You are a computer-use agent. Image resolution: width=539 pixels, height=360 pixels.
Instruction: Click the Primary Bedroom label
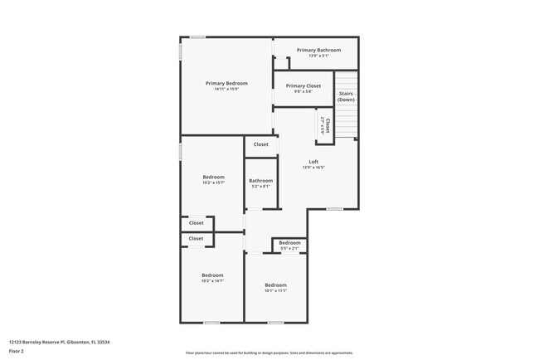pos(226,83)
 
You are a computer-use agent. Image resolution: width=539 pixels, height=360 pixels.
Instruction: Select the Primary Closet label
pos(303,85)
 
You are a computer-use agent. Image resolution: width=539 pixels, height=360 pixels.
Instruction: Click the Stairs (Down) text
pos(346,96)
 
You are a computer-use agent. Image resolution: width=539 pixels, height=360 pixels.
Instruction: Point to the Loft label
pos(313,162)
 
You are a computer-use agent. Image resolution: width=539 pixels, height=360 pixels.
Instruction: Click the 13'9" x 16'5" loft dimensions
pos(313,168)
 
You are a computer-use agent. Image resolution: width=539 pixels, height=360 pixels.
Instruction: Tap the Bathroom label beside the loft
pos(260,180)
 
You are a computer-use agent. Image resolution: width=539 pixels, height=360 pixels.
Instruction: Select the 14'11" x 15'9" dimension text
pos(226,89)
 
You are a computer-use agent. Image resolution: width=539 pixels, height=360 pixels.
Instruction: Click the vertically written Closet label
pos(328,126)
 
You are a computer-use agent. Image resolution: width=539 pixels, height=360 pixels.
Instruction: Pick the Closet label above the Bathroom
pos(261,144)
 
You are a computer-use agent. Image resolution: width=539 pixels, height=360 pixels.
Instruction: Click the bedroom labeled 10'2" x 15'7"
pos(213,178)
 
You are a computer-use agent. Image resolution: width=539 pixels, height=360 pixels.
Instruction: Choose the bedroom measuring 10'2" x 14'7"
pos(212,276)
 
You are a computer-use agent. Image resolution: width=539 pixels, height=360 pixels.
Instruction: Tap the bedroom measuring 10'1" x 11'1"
pos(275,285)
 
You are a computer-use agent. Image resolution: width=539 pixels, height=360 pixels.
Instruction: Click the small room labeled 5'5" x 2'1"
pos(289,243)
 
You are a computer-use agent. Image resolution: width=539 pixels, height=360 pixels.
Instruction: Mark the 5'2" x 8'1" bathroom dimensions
pos(260,186)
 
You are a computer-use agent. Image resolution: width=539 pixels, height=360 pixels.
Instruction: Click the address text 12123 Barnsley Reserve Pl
pos(60,341)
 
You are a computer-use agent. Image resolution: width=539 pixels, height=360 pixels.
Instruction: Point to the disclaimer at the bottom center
pos(269,353)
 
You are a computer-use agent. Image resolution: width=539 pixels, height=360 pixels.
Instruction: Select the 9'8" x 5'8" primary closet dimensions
pos(303,91)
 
